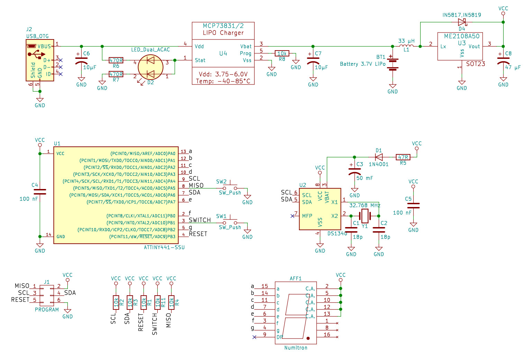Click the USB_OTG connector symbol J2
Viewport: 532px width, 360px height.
tap(40, 60)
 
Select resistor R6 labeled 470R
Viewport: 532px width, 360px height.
tap(116, 60)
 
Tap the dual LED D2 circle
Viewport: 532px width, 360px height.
tap(150, 67)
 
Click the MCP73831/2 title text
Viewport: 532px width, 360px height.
tap(223, 26)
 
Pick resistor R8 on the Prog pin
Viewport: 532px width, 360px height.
tap(282, 53)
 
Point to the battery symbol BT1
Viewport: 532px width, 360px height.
tap(393, 64)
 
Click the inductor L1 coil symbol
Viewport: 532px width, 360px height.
tap(406, 46)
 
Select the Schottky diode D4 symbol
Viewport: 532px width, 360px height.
tap(462, 22)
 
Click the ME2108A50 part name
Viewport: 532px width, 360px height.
tap(462, 36)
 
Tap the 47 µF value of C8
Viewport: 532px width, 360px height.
tap(513, 67)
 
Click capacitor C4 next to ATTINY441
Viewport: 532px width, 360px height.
tap(40, 192)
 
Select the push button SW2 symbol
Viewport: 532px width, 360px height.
tap(230, 187)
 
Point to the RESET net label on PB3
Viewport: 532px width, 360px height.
tap(198, 234)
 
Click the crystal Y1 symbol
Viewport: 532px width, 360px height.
tap(365, 216)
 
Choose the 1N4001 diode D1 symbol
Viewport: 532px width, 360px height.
tap(379, 157)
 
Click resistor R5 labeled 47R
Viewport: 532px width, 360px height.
tap(403, 157)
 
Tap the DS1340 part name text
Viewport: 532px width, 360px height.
tap(337, 234)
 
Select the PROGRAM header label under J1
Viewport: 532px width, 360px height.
tap(47, 310)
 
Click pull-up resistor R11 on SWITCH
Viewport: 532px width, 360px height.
tap(157, 303)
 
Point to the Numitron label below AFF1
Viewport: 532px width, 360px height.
tap(296, 348)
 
